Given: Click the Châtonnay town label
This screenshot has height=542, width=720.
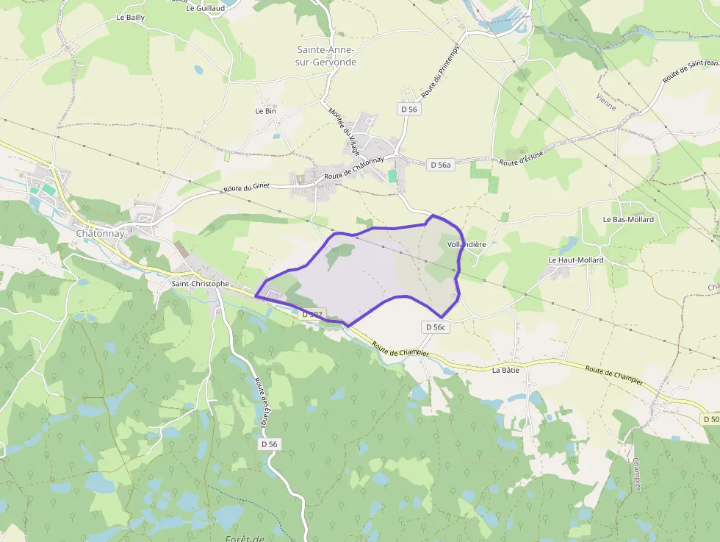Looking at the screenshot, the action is click(94, 233).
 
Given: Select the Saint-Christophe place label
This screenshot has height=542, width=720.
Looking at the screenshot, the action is click(200, 283).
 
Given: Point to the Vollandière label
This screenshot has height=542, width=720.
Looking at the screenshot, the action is click(467, 244).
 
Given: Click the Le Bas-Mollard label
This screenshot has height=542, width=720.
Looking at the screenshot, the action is click(628, 219).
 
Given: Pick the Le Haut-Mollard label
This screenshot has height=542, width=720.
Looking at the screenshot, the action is click(575, 260).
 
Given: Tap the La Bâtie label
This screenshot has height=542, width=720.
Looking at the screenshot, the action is click(505, 370).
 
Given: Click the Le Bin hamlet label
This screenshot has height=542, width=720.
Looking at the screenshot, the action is click(264, 111).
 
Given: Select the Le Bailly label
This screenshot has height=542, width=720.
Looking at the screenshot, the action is click(131, 17).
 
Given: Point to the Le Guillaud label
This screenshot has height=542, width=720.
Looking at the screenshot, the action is click(206, 9).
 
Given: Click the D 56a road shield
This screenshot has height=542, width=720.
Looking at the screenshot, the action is click(440, 165).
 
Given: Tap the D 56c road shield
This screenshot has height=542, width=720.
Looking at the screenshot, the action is click(436, 327).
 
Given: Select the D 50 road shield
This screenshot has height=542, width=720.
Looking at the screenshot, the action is click(710, 418).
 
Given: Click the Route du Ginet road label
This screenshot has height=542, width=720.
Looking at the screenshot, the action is click(247, 188).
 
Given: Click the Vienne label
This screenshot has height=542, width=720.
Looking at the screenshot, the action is click(606, 101).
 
